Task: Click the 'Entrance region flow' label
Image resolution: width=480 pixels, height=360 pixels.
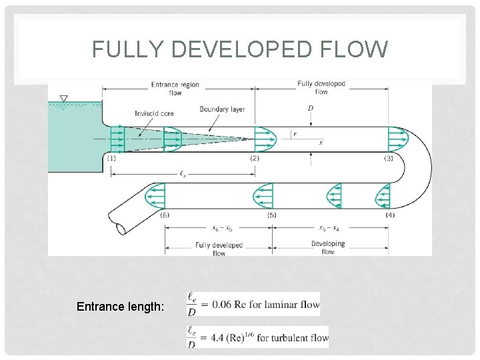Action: tap(175, 89)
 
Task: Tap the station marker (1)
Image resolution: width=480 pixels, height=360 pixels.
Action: tap(111, 158)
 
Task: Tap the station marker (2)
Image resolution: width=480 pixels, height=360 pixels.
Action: tap(255, 158)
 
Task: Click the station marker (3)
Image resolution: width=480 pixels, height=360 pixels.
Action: tap(389, 158)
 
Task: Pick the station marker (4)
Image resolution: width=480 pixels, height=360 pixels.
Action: tap(390, 215)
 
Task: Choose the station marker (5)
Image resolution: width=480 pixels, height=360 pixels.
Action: tap(272, 215)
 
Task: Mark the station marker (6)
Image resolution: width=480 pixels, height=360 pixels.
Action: tap(165, 215)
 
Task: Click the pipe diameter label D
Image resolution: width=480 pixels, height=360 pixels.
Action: tap(311, 108)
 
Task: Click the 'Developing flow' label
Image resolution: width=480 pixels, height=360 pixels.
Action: tap(328, 247)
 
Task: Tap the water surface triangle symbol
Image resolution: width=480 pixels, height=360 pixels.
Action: tap(63, 99)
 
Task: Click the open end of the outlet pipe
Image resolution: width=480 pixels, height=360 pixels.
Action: tap(120, 228)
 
